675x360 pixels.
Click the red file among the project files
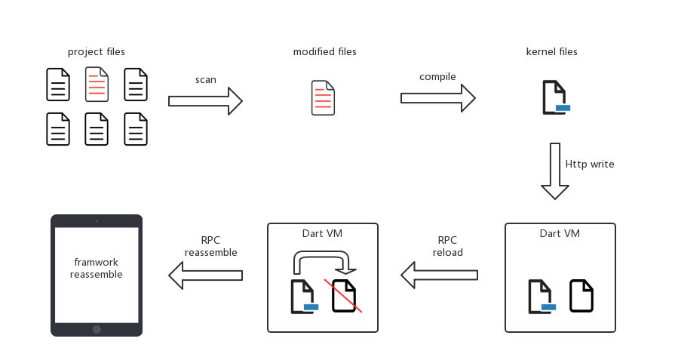click(97, 85)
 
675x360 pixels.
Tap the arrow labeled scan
click(205, 101)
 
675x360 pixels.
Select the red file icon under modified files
click(324, 98)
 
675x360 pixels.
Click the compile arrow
click(437, 98)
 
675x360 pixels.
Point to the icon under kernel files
click(556, 97)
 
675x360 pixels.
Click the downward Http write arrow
click(555, 171)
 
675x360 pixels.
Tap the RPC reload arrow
click(439, 275)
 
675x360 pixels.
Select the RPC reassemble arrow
click(206, 275)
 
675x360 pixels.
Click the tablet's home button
click(97, 329)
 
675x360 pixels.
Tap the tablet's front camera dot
click(97, 221)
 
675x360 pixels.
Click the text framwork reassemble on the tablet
click(97, 268)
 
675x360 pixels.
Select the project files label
click(97, 51)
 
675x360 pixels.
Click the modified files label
click(325, 51)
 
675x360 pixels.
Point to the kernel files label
click(552, 51)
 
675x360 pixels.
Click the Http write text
click(590, 164)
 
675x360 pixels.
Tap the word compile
click(437, 77)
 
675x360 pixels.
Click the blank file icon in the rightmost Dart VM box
click(581, 295)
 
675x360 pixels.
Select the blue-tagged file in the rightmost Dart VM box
click(542, 297)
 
